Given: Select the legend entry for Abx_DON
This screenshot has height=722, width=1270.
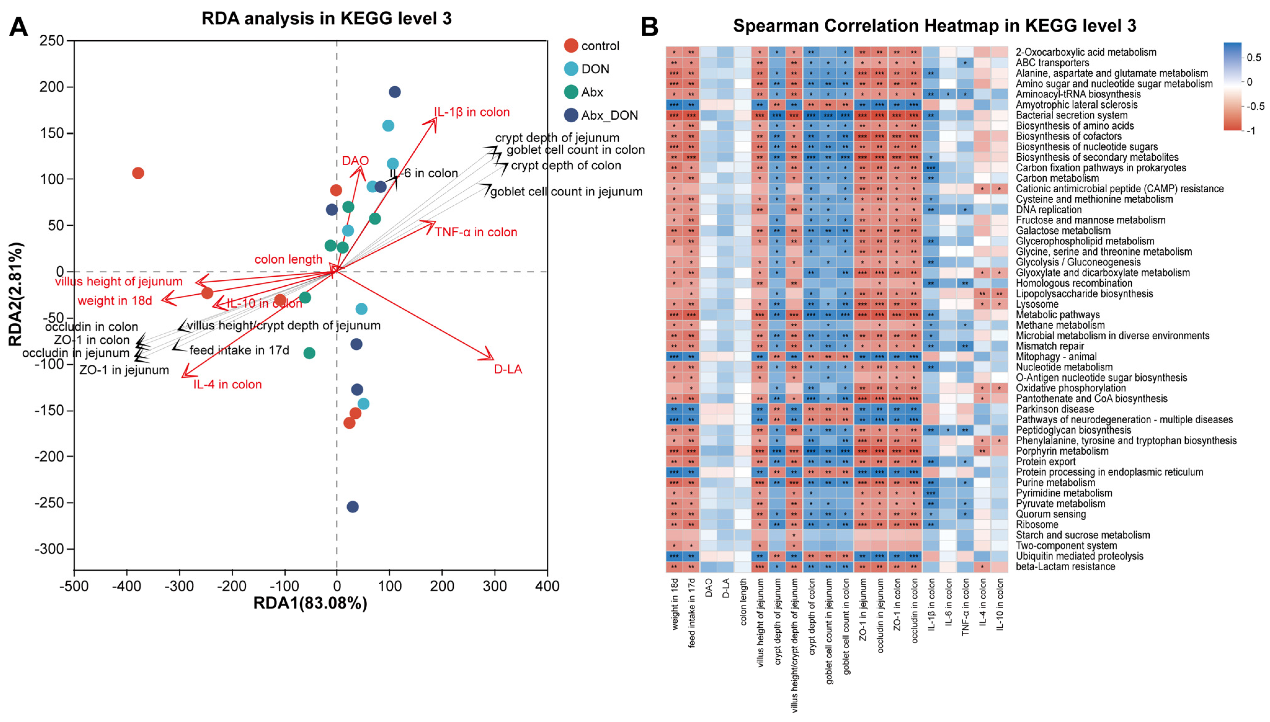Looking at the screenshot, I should [609, 116].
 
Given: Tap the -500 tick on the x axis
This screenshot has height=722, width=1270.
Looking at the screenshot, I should [74, 586].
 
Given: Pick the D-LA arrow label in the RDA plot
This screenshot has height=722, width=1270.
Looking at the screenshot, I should [508, 369].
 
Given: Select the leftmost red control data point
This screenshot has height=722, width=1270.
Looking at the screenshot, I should [138, 173].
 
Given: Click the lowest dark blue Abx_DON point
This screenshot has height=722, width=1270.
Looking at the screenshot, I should [352, 507].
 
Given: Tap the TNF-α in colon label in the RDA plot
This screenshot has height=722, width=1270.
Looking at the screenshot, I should [476, 232].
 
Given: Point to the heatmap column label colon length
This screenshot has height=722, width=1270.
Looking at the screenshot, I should [743, 601].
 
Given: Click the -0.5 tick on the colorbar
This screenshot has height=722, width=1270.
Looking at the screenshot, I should [1255, 106].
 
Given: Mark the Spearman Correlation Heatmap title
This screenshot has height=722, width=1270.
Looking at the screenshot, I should [934, 26].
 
